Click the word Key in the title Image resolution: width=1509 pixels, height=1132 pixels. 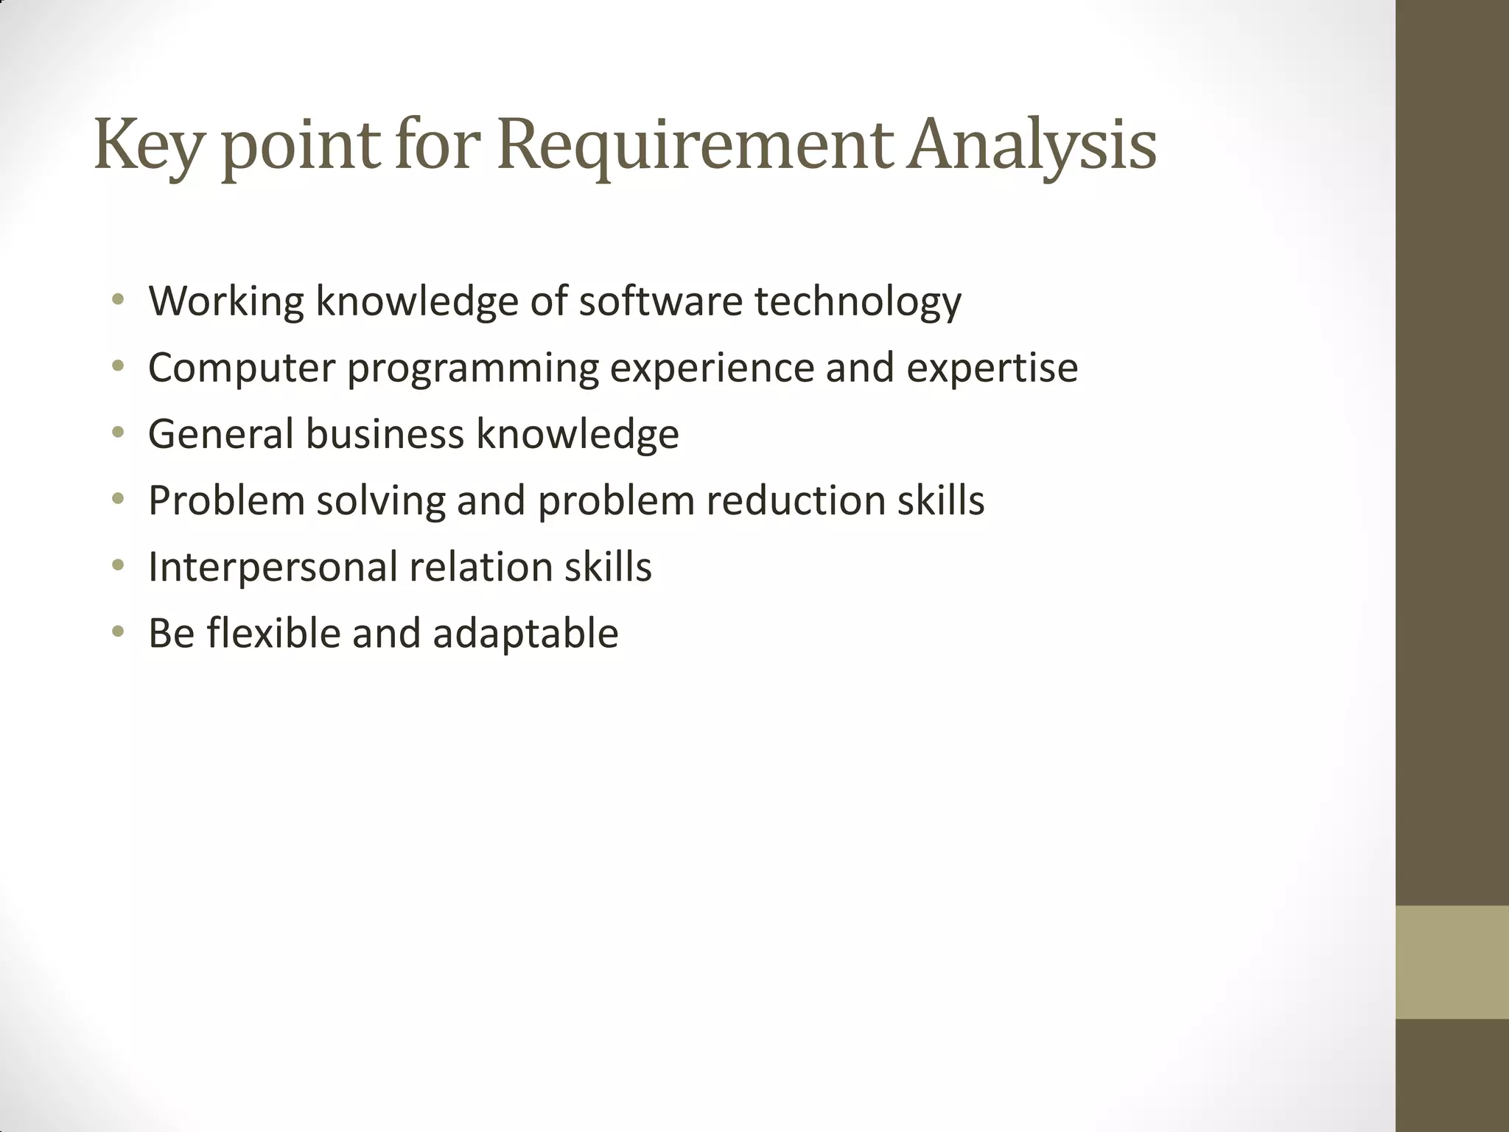click(x=147, y=145)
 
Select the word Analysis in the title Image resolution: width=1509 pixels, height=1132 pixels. click(x=1032, y=145)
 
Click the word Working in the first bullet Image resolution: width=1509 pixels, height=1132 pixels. click(x=226, y=301)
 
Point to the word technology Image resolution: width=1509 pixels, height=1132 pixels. click(x=858, y=301)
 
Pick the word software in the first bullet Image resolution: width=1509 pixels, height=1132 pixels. click(x=660, y=301)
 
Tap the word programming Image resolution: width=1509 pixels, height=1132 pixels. click(x=473, y=368)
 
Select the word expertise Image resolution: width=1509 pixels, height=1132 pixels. click(x=992, y=368)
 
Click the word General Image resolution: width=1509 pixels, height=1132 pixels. click(x=221, y=434)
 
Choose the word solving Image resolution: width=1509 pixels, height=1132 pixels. click(x=381, y=501)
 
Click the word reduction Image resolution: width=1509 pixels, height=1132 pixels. click(x=795, y=501)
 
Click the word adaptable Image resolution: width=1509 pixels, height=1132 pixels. click(x=525, y=634)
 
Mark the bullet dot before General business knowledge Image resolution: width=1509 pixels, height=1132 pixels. click(x=118, y=434)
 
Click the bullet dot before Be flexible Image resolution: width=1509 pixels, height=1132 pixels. click(x=118, y=632)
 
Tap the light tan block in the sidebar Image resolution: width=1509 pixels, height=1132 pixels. click(x=1452, y=962)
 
